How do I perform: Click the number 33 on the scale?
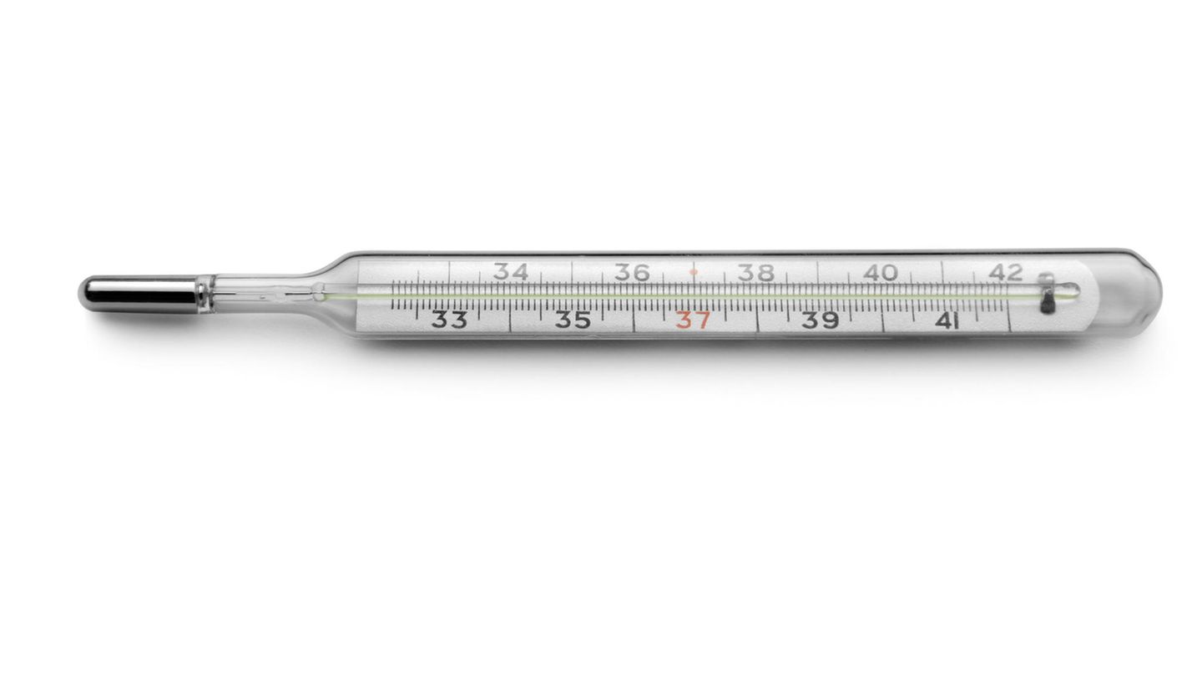449,320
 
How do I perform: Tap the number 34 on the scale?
510,272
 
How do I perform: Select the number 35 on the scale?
573,320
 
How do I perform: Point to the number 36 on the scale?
633,272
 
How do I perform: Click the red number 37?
693,320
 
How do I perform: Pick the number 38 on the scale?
756,273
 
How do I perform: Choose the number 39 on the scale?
820,320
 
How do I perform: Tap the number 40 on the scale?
880,273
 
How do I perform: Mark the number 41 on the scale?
947,321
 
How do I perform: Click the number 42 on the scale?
1005,273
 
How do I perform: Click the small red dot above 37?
694,271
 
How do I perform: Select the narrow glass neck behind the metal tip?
250,293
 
